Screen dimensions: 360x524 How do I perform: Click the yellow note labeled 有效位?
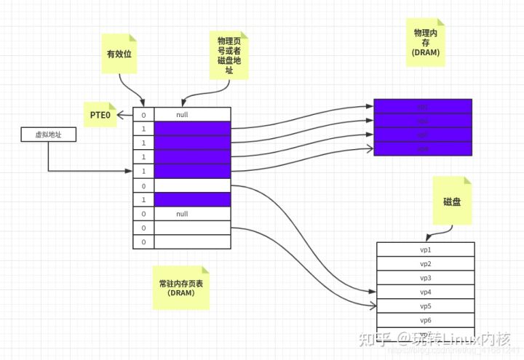[x=119, y=54]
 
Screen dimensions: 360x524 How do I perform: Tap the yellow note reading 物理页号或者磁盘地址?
[x=229, y=55]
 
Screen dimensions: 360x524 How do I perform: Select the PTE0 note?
[x=100, y=115]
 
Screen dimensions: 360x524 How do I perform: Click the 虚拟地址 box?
[x=49, y=135]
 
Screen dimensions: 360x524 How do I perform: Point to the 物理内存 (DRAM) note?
[x=426, y=42]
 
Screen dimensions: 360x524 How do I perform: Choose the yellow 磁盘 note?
[x=452, y=201]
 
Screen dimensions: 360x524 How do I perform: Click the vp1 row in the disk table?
[x=426, y=249]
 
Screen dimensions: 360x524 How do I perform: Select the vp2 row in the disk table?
[x=426, y=264]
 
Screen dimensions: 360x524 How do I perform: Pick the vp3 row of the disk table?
[x=426, y=278]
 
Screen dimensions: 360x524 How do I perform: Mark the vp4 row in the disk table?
[x=426, y=292]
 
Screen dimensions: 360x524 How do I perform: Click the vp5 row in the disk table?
[x=426, y=306]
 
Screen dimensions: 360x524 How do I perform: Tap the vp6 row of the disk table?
[x=426, y=321]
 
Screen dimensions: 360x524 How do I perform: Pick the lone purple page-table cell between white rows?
[x=192, y=199]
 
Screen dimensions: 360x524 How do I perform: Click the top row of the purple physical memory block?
[x=423, y=106]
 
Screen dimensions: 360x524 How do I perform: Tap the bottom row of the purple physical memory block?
[x=423, y=148]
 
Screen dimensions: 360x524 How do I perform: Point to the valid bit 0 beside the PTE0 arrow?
[x=143, y=115]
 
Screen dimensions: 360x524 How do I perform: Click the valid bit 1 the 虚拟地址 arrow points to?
[x=143, y=171]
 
